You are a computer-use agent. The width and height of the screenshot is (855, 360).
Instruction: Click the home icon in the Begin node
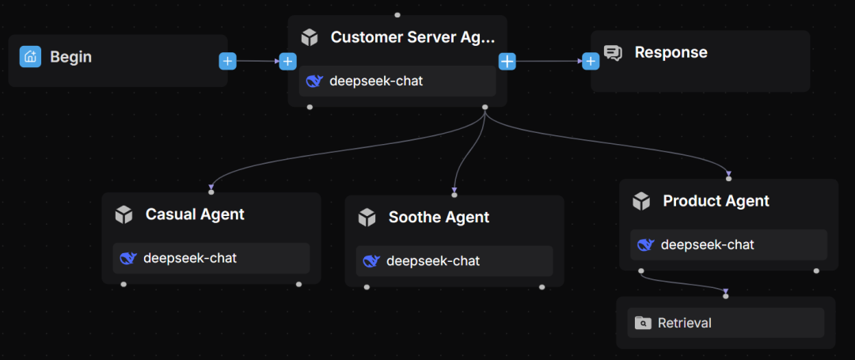[x=30, y=56]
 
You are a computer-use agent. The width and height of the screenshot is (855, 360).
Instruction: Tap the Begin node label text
[x=70, y=57]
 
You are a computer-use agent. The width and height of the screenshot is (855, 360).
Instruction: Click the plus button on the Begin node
[x=228, y=61]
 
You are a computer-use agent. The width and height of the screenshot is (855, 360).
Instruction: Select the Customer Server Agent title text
[x=412, y=37]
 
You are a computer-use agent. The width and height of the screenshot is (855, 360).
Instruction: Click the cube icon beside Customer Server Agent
[x=310, y=37]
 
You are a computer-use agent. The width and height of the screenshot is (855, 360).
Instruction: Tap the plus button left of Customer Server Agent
[x=287, y=61]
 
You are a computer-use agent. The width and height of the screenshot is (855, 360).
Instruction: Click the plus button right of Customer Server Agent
[x=507, y=61]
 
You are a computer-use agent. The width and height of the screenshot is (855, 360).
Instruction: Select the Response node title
[x=671, y=53]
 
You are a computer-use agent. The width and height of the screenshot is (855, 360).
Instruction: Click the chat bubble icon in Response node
[x=613, y=53]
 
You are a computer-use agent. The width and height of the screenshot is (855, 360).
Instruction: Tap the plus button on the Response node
[x=591, y=61]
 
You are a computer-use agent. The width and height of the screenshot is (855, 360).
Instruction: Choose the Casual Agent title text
[x=195, y=214]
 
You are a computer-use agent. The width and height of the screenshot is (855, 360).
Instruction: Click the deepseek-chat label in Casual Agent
[x=189, y=258]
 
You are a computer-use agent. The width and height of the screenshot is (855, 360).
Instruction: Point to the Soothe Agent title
[x=439, y=218]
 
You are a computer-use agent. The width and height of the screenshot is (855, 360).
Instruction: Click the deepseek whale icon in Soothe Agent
[x=370, y=261]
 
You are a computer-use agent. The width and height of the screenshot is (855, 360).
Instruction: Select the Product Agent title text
[x=716, y=201]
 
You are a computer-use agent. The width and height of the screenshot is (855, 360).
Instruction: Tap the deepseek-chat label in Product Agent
[x=707, y=245]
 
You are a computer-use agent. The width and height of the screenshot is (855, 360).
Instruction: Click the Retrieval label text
[x=684, y=323]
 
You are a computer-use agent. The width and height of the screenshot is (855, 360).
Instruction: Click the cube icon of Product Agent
[x=641, y=201]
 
